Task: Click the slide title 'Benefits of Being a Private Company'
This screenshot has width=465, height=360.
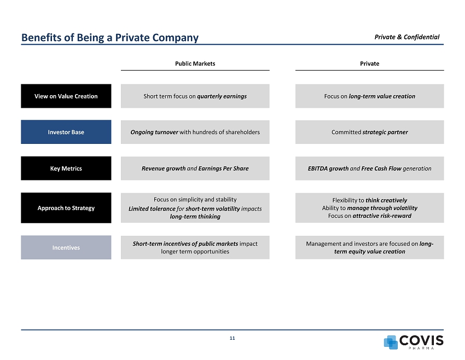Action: pyautogui.click(x=109, y=38)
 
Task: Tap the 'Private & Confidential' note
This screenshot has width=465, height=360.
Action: pyautogui.click(x=407, y=37)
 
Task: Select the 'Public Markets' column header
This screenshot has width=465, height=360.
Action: pyautogui.click(x=195, y=63)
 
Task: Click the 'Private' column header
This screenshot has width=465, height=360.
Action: pyautogui.click(x=369, y=63)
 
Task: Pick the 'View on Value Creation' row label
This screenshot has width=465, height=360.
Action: pyautogui.click(x=66, y=96)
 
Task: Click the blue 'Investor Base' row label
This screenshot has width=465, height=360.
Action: pyautogui.click(x=66, y=132)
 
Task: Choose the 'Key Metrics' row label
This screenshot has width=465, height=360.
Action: pyautogui.click(x=66, y=169)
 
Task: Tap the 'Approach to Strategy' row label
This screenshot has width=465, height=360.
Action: pyautogui.click(x=66, y=208)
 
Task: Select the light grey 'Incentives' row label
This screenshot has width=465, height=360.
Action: pyautogui.click(x=66, y=248)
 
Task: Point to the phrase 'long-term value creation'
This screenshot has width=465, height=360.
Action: pyautogui.click(x=382, y=96)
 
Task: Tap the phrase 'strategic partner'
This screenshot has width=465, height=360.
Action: pyautogui.click(x=385, y=132)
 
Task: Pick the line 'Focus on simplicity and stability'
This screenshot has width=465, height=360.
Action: pyautogui.click(x=195, y=199)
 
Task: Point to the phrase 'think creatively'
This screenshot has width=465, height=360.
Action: pyautogui.click(x=386, y=200)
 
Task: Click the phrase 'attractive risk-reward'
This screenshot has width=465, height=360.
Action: pyautogui.click(x=382, y=216)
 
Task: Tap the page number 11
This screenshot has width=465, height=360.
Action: pyautogui.click(x=232, y=339)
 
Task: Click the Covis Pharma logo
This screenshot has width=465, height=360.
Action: pyautogui.click(x=414, y=342)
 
